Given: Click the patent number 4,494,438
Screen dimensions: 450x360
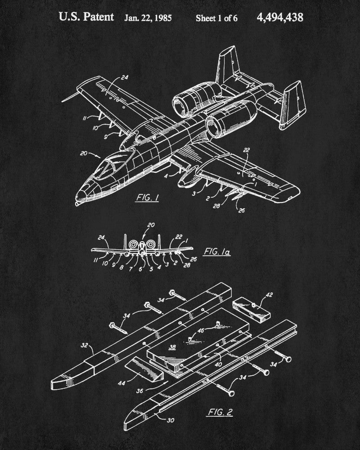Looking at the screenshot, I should click(x=280, y=18).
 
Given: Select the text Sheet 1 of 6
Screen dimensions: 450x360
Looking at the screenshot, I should click(x=216, y=18).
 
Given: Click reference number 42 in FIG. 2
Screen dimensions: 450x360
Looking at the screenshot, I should click(x=269, y=296).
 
